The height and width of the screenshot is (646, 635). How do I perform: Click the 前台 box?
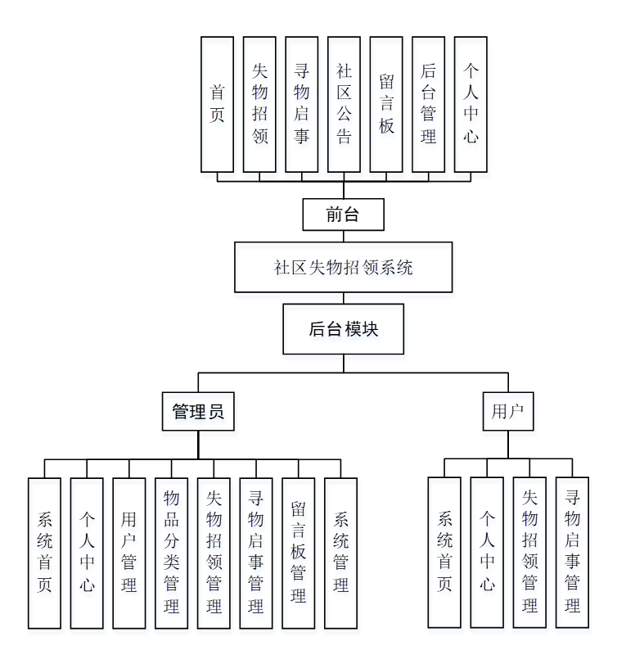click(343, 215)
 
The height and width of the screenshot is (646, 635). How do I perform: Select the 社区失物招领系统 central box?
click(343, 267)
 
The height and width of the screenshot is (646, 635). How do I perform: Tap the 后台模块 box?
click(343, 329)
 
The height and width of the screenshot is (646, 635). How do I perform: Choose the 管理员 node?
click(198, 412)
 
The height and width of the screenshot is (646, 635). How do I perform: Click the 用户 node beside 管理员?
click(507, 412)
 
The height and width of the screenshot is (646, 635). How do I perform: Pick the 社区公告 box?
click(344, 104)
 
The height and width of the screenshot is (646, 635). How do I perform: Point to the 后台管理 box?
click(428, 104)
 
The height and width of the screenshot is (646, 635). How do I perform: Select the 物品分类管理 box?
click(172, 553)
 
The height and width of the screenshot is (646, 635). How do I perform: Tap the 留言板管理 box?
click(299, 553)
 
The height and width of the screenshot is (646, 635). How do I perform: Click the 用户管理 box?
click(129, 553)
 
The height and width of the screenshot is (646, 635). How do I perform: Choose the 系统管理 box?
click(341, 553)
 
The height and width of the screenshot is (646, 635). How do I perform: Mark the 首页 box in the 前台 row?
click(217, 104)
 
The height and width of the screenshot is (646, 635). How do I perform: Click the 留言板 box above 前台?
click(386, 104)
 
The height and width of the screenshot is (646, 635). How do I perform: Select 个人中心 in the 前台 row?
click(471, 104)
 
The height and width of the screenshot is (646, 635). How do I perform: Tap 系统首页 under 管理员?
click(44, 553)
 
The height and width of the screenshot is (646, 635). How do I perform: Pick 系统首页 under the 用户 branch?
click(444, 553)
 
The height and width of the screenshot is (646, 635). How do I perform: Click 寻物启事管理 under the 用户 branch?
click(572, 553)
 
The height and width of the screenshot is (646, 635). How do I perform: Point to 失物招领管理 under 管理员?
click(214, 553)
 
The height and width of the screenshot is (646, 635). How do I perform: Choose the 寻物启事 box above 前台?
click(301, 104)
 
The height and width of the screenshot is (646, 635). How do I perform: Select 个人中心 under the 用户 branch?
click(487, 553)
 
